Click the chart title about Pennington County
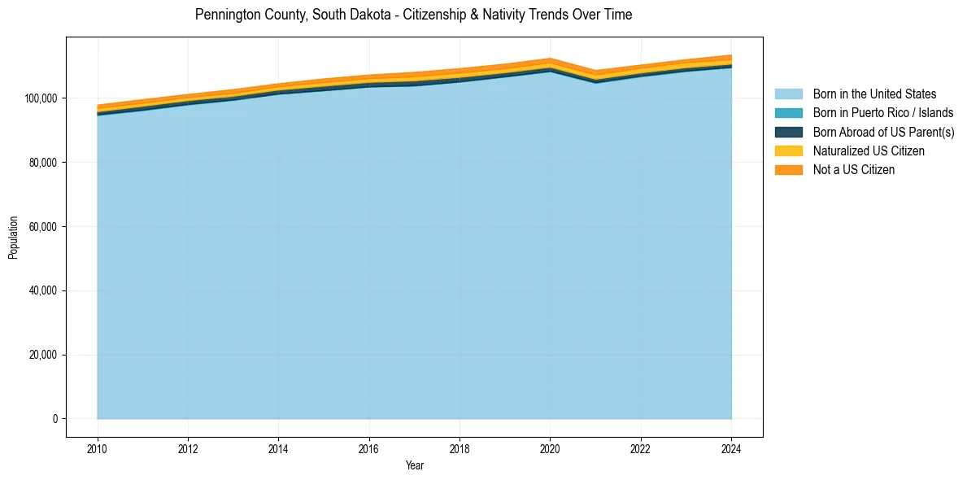coord(413,15)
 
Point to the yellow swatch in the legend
coord(788,151)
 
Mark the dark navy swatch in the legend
coord(788,132)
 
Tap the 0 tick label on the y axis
coord(55,419)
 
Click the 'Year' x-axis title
coord(414,465)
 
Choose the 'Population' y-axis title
coord(13,238)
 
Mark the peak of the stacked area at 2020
coord(551,59)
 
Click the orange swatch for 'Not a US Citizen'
coord(788,169)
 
